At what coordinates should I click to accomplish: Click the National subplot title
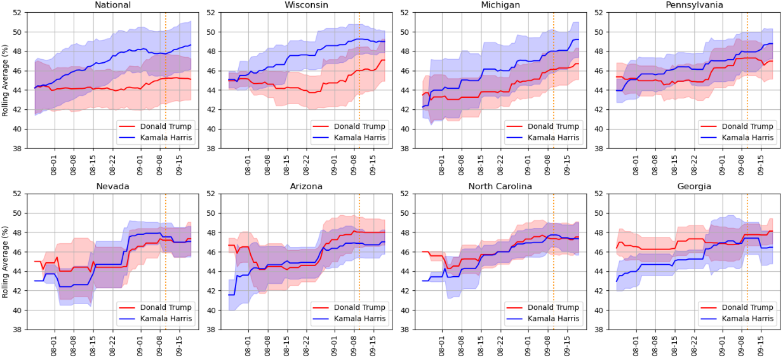(113, 5)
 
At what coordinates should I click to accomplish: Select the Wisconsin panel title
(306, 5)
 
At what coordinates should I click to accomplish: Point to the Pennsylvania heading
(693, 5)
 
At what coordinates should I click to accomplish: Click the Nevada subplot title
(113, 186)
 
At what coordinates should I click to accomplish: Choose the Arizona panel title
(306, 186)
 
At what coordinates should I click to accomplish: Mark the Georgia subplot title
(693, 186)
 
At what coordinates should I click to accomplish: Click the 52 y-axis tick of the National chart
(17, 13)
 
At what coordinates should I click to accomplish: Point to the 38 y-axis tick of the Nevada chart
(17, 330)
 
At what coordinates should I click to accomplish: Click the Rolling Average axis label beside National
(6, 81)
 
